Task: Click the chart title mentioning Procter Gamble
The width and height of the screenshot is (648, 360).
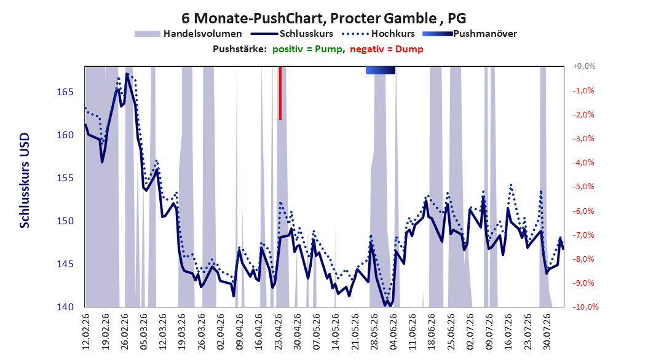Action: pos(323,18)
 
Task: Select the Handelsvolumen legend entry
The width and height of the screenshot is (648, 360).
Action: pos(189,34)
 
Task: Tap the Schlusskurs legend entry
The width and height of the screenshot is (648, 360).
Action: pos(292,34)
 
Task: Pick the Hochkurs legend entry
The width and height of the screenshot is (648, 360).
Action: pos(378,34)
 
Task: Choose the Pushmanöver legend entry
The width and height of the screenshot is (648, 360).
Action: pos(470,34)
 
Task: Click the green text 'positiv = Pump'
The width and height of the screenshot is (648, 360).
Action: pos(307,49)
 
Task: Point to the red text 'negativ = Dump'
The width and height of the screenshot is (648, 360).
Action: pos(387,49)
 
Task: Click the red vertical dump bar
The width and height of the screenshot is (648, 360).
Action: pos(280,93)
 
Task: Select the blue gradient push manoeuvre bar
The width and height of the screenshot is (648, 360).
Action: pos(381,71)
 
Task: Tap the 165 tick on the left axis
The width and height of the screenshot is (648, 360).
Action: pos(65,92)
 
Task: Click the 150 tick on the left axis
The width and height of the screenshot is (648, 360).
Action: pos(65,221)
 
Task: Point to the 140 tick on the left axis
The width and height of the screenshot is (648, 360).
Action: pos(65,307)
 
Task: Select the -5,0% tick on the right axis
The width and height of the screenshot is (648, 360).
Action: pos(583,187)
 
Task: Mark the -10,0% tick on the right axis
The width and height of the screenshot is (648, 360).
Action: pos(585,307)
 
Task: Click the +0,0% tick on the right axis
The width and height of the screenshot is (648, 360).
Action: pos(584,66)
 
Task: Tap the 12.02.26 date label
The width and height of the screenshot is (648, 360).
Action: pos(86,332)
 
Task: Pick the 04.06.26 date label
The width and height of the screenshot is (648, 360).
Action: pos(393,332)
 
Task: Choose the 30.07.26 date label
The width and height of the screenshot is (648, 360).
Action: pos(547,332)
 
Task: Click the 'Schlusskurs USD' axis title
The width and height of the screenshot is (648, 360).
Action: pos(25,180)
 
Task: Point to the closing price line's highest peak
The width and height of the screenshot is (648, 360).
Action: pos(127,74)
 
